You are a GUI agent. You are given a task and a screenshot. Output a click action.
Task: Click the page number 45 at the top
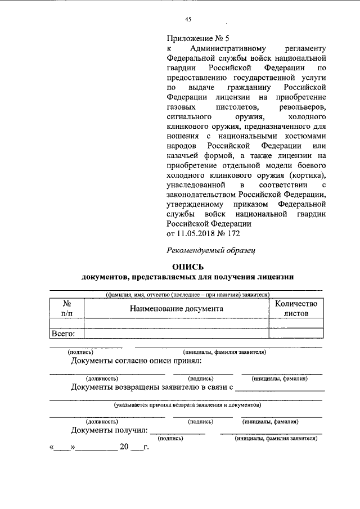coord(188,19)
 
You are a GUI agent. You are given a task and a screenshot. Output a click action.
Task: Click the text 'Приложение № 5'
coord(198,39)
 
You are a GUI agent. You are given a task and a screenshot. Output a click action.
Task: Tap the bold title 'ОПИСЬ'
coord(187,267)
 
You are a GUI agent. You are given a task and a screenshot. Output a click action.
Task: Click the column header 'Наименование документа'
coord(176,308)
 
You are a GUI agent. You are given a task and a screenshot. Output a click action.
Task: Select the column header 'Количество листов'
coord(296,308)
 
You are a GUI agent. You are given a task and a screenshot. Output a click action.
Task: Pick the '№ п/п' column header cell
coord(66,308)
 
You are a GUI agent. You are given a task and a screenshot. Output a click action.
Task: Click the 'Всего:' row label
coord(66,333)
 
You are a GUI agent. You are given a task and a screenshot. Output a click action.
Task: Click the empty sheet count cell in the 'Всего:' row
coord(296,333)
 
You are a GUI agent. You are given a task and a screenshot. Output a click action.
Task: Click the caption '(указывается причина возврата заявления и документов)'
coord(186,404)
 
